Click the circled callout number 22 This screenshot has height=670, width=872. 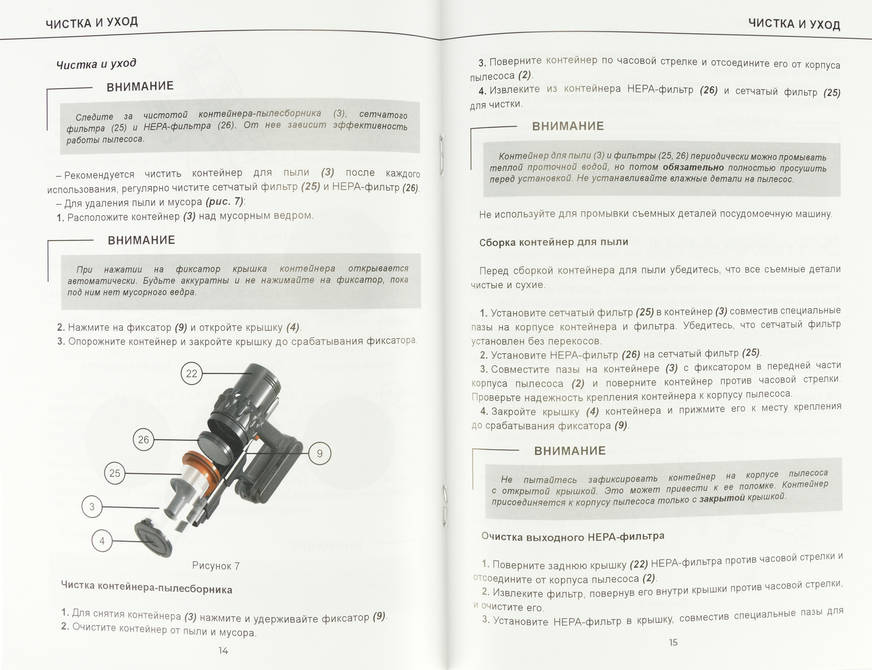pyautogui.click(x=192, y=374)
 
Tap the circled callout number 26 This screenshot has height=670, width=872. pyautogui.click(x=143, y=440)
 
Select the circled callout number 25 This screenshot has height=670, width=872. pyautogui.click(x=115, y=473)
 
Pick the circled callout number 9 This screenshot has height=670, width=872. pyautogui.click(x=320, y=454)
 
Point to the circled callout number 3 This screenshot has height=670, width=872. pyautogui.click(x=92, y=507)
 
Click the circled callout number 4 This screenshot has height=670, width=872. pyautogui.click(x=102, y=541)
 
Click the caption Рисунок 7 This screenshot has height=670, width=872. pyautogui.click(x=216, y=566)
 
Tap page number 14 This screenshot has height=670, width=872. pyautogui.click(x=223, y=651)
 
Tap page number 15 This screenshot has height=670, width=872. pyautogui.click(x=673, y=643)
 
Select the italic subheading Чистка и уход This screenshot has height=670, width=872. pyautogui.click(x=96, y=64)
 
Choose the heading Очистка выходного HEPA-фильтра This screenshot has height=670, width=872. pyautogui.click(x=572, y=536)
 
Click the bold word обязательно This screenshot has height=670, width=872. pyautogui.click(x=693, y=167)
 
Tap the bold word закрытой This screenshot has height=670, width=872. pyautogui.click(x=722, y=499)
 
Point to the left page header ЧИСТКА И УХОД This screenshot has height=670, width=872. pyautogui.click(x=92, y=23)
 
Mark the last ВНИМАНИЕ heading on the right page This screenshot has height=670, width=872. pyautogui.click(x=570, y=451)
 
